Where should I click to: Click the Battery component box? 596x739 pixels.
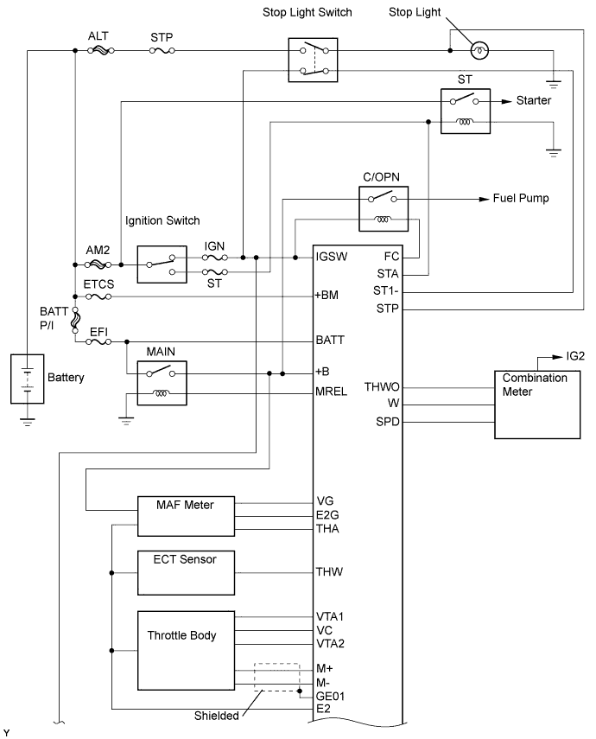click(28, 378)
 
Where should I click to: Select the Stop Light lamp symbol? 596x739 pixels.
click(482, 50)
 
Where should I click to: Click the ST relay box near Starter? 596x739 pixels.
click(465, 111)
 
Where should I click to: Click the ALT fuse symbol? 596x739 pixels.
click(99, 51)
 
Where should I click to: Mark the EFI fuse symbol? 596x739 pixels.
click(99, 341)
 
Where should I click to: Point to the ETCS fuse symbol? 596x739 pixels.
click(99, 296)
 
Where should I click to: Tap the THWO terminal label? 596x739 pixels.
click(382, 388)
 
